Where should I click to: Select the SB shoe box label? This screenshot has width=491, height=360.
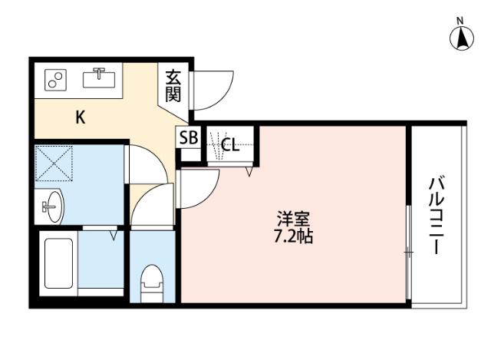pyautogui.click(x=188, y=139)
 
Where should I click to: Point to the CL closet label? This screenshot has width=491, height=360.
pyautogui.click(x=230, y=144)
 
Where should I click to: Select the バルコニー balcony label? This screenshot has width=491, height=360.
pyautogui.click(x=437, y=216)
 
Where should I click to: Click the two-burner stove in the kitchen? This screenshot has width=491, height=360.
pyautogui.click(x=56, y=79)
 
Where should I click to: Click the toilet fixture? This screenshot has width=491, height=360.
pyautogui.click(x=153, y=281)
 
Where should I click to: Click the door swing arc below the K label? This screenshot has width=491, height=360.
pyautogui.click(x=146, y=165)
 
